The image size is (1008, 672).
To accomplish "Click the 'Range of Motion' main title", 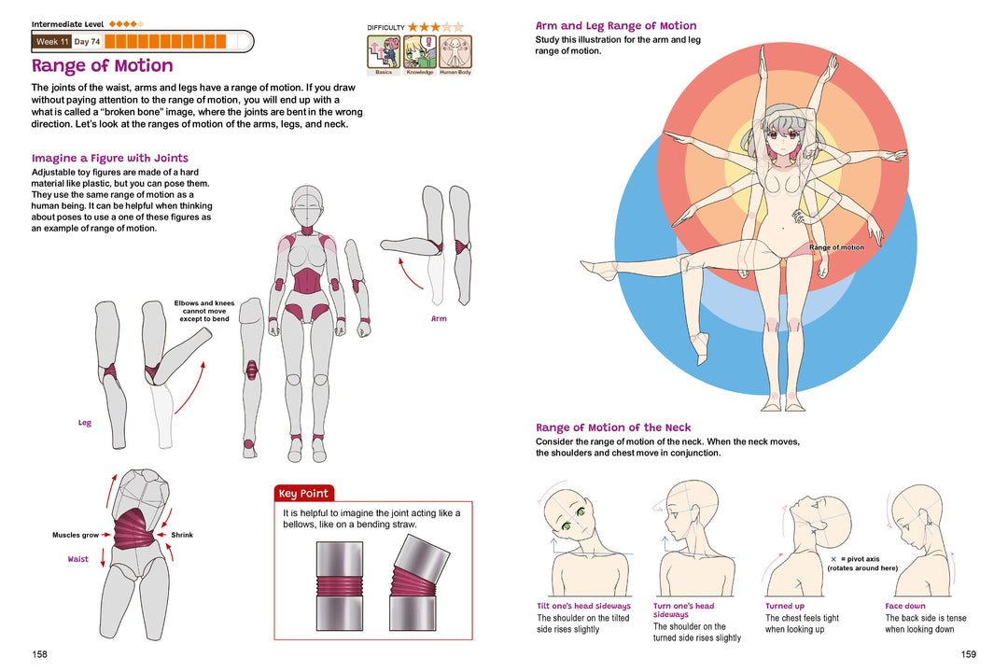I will (x=103, y=66).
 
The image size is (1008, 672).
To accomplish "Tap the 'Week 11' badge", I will (x=51, y=42).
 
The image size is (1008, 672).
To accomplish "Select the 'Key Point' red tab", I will (x=303, y=494).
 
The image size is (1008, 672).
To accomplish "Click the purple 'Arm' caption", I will (x=439, y=319).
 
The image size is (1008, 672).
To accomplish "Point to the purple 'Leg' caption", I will (x=85, y=424).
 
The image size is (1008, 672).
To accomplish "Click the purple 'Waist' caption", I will (x=78, y=560).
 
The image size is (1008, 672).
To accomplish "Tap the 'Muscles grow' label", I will (x=76, y=536).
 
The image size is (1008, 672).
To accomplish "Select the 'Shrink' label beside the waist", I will (x=182, y=536).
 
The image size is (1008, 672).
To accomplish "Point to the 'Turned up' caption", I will (x=785, y=607).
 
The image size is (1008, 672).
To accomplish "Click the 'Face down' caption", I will (x=905, y=607).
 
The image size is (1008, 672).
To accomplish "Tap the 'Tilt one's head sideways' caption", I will (x=583, y=607).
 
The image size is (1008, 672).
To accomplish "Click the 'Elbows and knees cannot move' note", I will (x=204, y=311).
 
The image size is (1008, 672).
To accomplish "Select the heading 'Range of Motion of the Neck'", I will (x=613, y=428).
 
